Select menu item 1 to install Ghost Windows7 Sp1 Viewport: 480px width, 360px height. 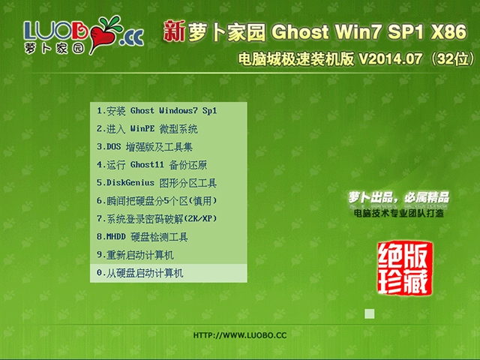coord(157,111)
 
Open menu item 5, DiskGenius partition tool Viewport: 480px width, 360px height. coord(157,183)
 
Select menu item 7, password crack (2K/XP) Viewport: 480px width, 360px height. coord(157,219)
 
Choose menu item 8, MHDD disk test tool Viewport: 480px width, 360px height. coord(142,237)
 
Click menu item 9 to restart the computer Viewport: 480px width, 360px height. coord(135,255)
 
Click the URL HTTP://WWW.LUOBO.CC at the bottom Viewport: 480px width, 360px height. coord(240,335)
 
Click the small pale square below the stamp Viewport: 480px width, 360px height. coord(369,313)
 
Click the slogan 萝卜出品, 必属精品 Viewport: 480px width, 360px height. coord(398,197)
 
